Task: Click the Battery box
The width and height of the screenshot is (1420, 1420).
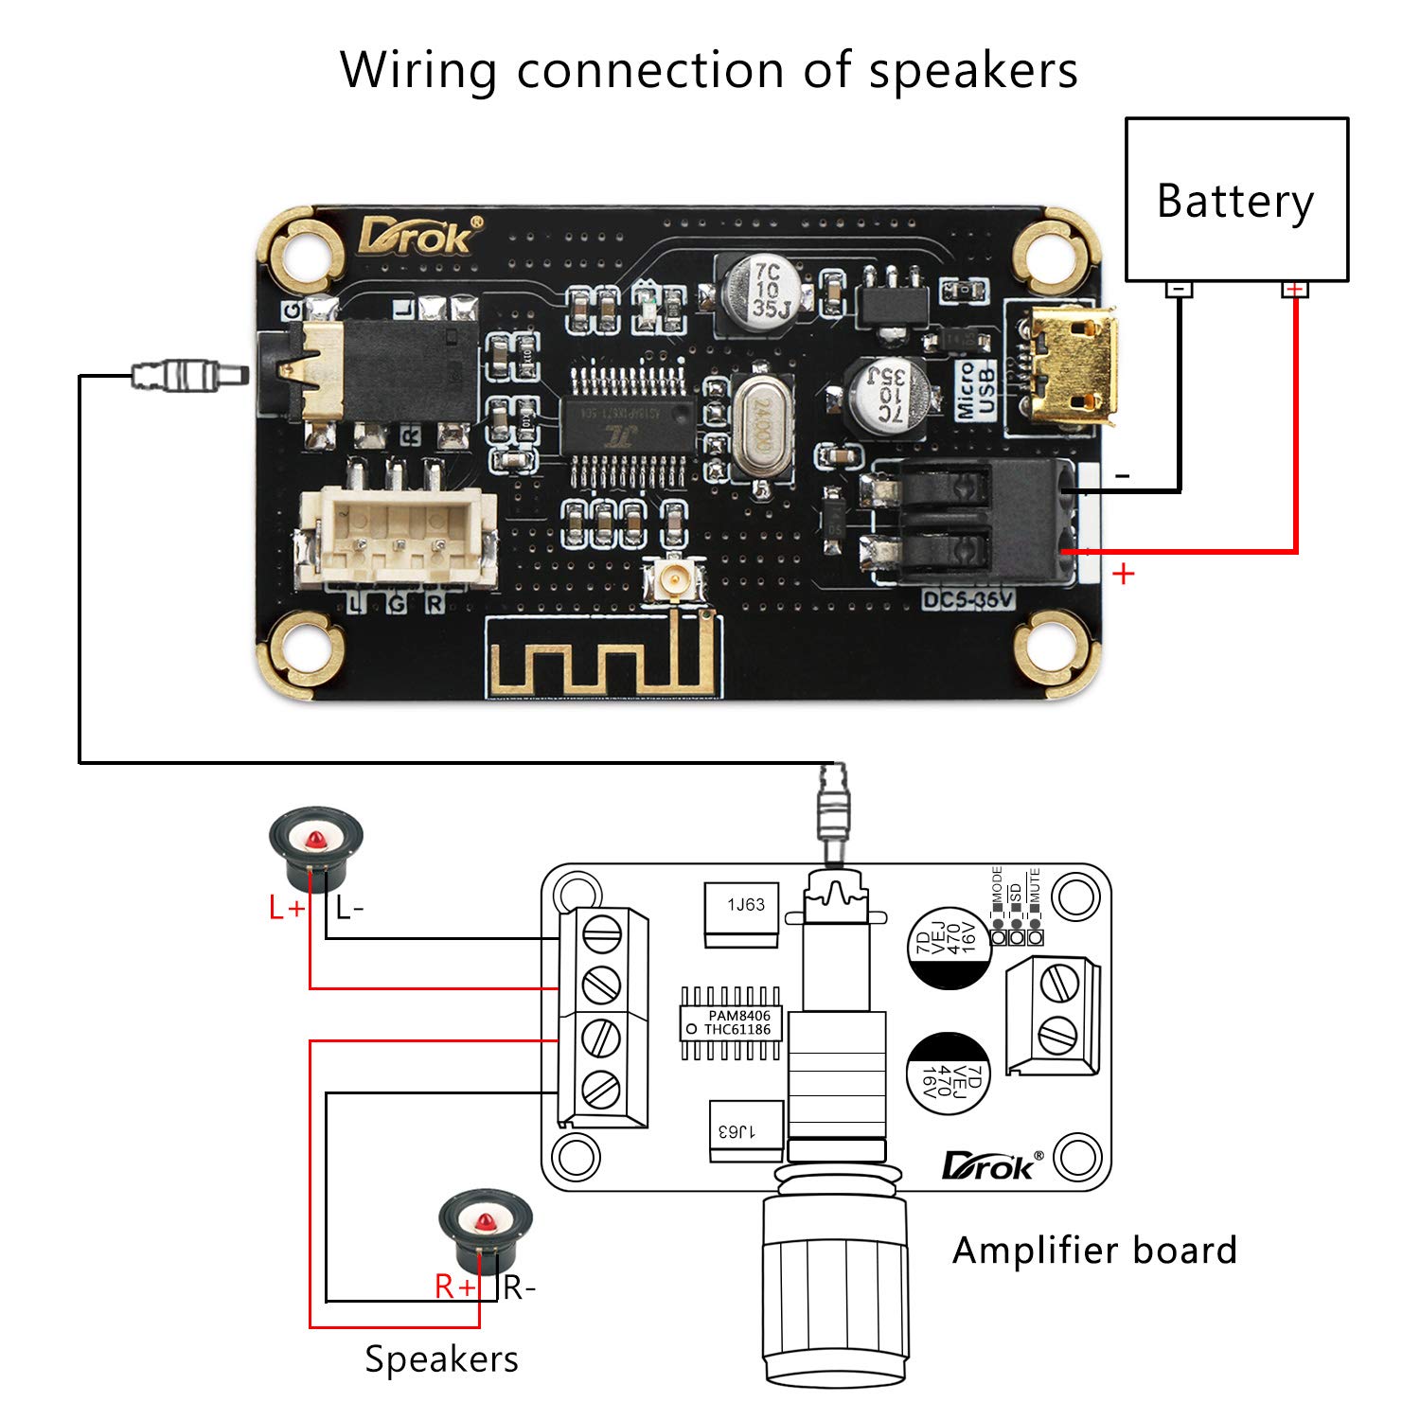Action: click(1235, 200)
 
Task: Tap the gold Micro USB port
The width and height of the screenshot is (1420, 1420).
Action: click(1072, 369)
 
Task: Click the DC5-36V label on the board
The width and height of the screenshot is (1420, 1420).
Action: click(967, 599)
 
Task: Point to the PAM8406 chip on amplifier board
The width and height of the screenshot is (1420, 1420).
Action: click(732, 1022)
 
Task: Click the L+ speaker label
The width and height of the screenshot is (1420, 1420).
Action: click(286, 909)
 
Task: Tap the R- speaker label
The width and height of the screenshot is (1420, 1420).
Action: click(519, 1287)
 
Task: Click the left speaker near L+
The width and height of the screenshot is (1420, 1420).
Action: click(315, 846)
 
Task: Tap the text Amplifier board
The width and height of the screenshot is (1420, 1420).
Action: click(1094, 1251)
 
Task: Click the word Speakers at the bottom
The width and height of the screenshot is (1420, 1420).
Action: click(441, 1359)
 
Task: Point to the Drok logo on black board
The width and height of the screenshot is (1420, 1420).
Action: click(417, 236)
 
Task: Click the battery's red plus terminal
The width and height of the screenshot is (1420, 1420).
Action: click(1295, 289)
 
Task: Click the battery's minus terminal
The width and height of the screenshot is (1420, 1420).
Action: click(1179, 289)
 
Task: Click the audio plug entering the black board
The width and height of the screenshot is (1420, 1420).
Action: click(189, 376)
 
